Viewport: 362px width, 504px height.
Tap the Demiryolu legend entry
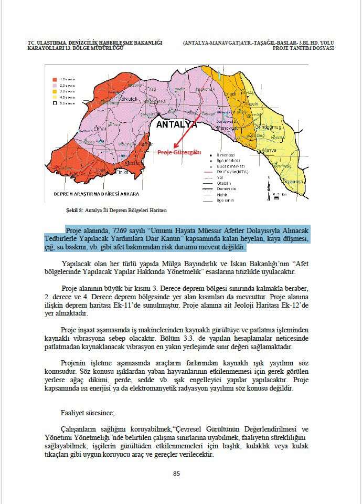point(227,188)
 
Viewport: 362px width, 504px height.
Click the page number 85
point(177,473)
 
